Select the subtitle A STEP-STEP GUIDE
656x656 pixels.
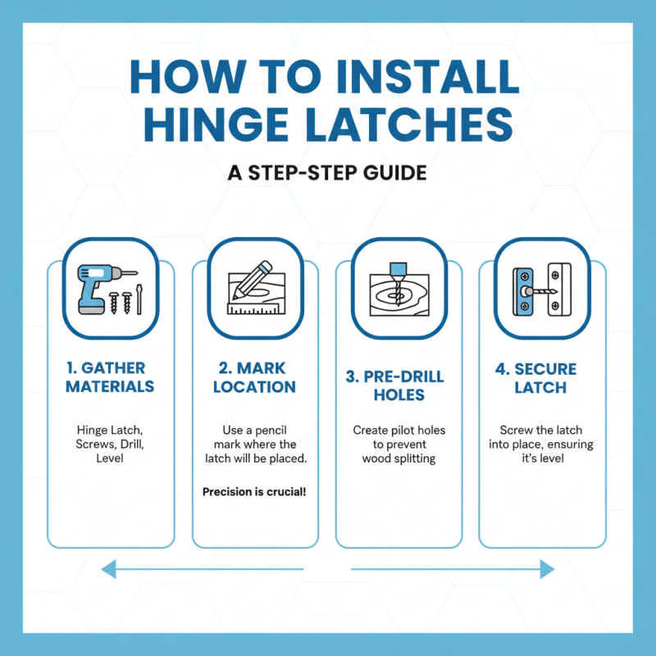click(328, 174)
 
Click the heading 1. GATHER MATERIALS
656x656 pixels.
click(110, 376)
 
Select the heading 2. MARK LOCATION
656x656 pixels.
click(254, 376)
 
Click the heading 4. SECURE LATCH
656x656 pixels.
click(541, 376)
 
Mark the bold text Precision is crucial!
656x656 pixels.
click(254, 493)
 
